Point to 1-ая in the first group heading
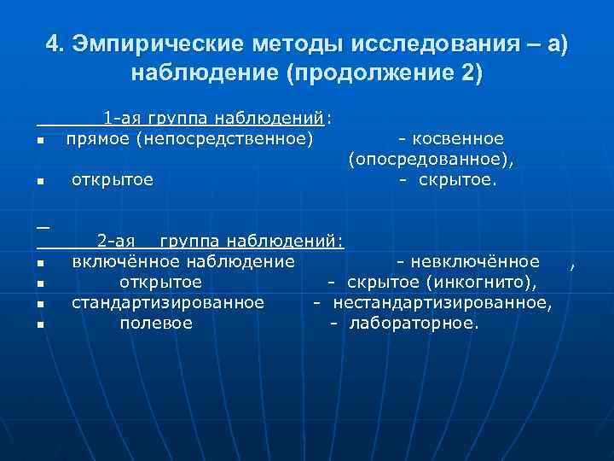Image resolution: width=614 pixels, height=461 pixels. tap(122, 118)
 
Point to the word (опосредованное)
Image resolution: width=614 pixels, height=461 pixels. tap(435, 159)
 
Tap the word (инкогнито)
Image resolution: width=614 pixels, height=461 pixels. tap(483, 282)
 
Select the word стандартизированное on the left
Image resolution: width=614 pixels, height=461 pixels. tap(168, 302)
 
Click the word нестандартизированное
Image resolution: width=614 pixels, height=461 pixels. tap(442, 302)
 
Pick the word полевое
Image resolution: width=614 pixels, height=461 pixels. tap(156, 323)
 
